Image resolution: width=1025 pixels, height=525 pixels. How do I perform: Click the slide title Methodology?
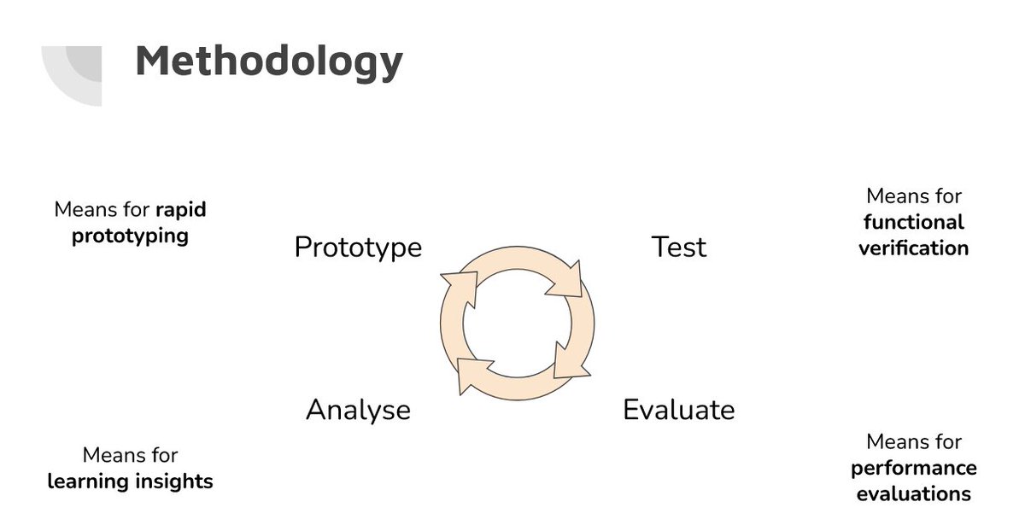269,63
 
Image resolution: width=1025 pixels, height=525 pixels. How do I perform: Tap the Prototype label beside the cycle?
358,248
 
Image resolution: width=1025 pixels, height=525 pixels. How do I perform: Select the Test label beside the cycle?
679,247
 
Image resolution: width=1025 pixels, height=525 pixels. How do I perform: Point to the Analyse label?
358,411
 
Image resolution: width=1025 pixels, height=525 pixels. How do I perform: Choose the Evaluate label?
679,409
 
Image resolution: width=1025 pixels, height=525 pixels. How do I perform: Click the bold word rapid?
181,210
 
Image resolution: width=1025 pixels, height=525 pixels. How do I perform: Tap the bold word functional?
914,223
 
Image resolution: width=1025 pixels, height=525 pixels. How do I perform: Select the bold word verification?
914,248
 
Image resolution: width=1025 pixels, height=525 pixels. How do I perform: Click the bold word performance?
914,469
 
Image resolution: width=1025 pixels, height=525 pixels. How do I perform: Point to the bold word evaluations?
914,494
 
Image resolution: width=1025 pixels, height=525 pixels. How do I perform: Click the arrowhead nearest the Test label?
567,280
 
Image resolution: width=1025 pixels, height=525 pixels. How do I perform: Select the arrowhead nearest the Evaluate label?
569,363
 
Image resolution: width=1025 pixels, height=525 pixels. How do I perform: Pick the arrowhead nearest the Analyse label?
471,373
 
